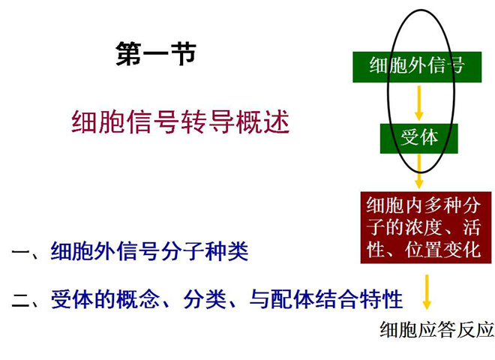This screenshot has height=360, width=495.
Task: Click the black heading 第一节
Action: (156, 54)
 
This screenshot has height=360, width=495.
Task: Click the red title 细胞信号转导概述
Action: (180, 122)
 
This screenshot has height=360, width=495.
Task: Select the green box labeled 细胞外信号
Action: (417, 67)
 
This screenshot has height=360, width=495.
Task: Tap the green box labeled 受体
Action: (419, 139)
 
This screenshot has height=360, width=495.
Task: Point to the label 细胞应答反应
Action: (437, 329)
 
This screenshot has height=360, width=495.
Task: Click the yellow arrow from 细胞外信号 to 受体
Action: (419, 103)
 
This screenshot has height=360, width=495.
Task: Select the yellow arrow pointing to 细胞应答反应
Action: (427, 292)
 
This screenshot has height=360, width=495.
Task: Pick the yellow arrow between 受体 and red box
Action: (419, 171)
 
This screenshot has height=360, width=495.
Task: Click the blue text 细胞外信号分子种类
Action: (149, 251)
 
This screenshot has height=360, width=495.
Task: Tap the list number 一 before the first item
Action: (22, 252)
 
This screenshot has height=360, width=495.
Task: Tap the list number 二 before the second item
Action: (22, 300)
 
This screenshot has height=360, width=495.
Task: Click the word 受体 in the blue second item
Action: (72, 299)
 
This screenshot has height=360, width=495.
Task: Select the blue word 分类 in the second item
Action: (205, 299)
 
